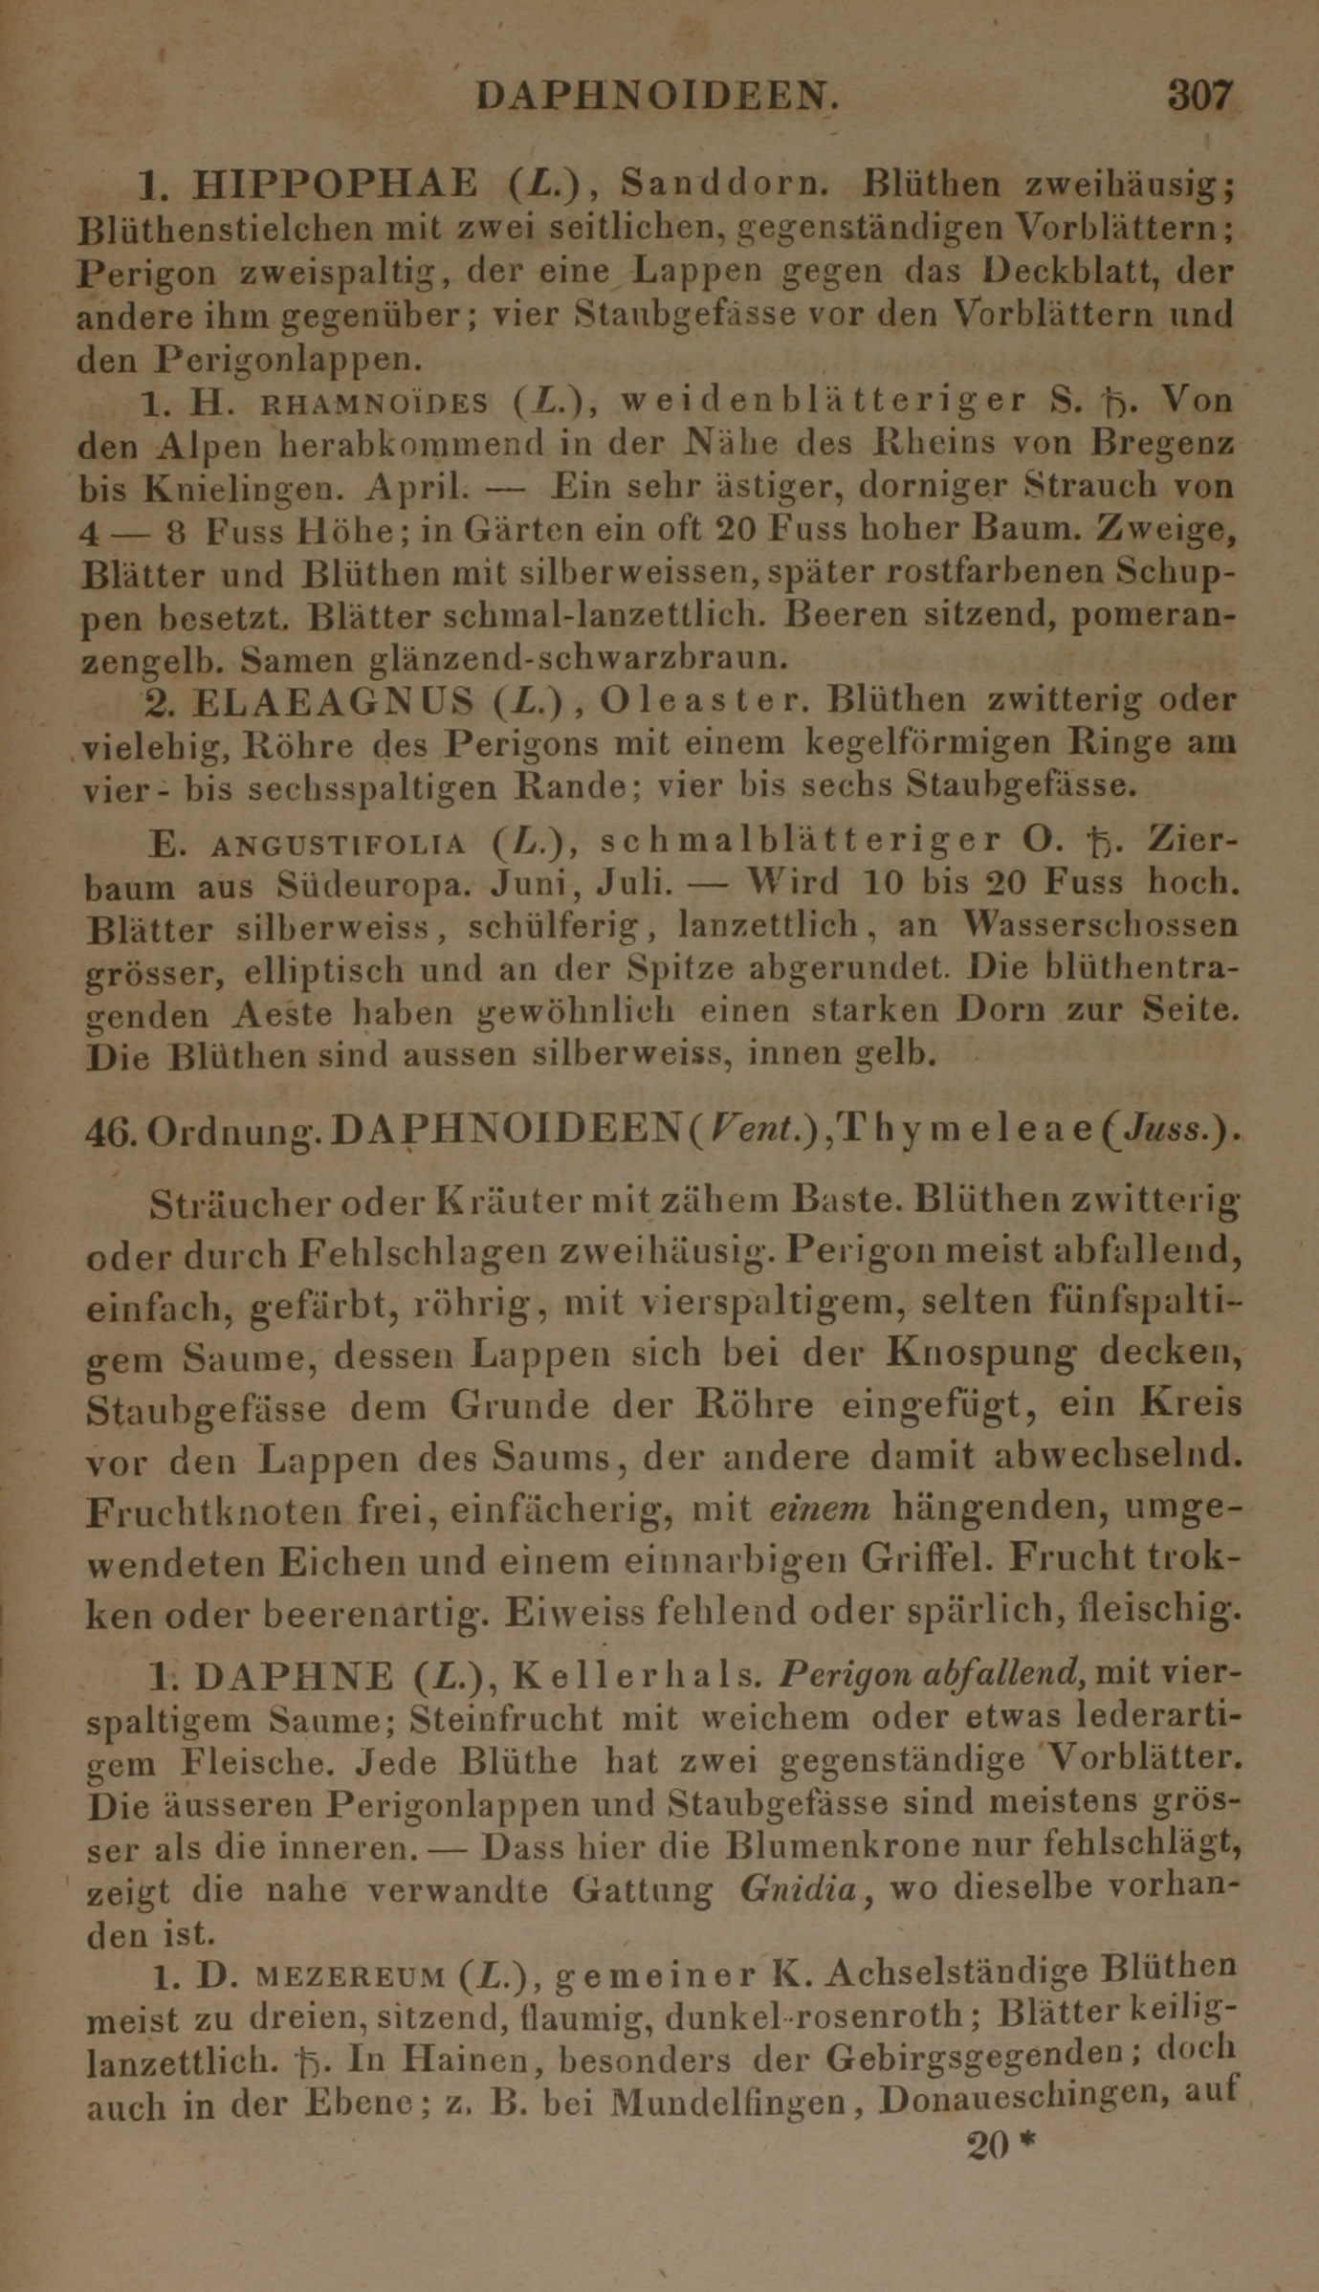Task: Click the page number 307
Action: pos(1199,97)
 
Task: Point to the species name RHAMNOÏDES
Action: pos(374,404)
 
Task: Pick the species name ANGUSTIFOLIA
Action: pos(337,845)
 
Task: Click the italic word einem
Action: pos(820,1509)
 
